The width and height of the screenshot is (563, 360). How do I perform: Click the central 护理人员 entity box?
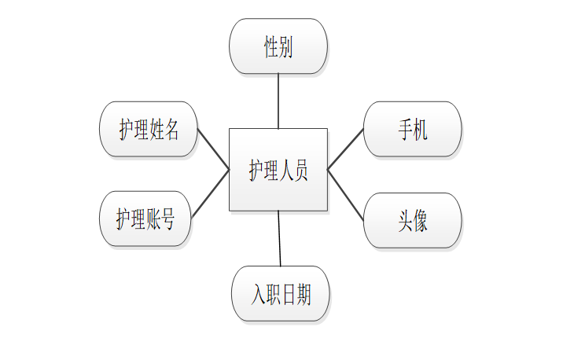[278, 170]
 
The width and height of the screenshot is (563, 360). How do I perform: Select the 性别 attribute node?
[278, 46]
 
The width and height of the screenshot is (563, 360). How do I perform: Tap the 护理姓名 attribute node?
[149, 129]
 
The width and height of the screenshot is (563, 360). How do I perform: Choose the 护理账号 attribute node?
[145, 219]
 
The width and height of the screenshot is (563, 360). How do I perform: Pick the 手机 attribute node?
[412, 129]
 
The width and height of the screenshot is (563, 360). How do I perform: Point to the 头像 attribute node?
[412, 220]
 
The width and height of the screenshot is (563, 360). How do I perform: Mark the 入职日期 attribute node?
[281, 294]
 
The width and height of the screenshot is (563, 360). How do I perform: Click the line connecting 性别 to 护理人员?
[278, 101]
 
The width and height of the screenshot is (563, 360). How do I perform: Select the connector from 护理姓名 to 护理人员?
[213, 149]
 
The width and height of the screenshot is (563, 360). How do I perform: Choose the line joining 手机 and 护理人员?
[346, 149]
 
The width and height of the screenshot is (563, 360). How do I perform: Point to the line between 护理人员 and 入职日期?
[279, 238]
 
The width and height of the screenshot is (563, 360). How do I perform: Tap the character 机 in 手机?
[420, 129]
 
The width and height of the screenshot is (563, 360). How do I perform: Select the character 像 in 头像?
[420, 220]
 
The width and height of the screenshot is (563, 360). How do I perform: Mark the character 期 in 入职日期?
[303, 295]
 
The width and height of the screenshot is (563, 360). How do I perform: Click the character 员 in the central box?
[299, 171]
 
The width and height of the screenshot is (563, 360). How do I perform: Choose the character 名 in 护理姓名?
[171, 130]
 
